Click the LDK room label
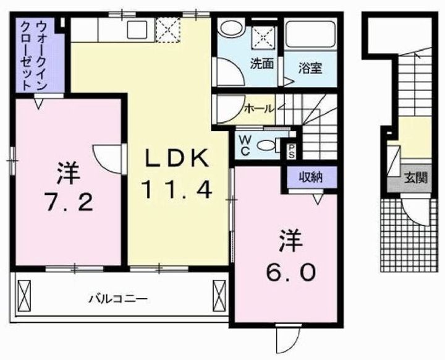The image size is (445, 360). coord(175,160)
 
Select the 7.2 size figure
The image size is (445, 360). coord(69,200)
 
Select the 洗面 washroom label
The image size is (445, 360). coord(262,63)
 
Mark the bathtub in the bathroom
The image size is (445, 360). coord(311,33)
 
